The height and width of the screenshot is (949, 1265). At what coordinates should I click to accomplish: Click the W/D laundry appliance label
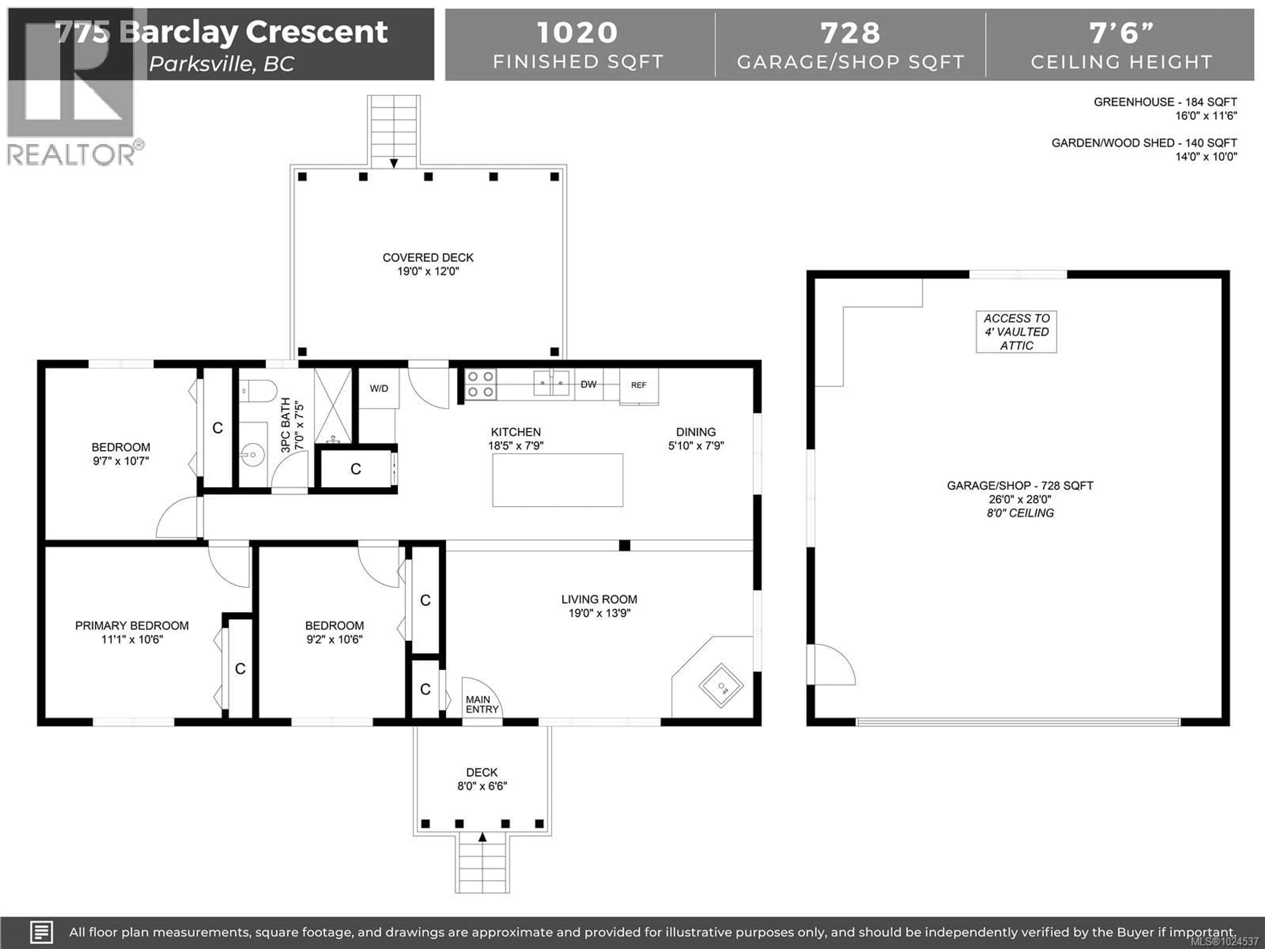[379, 389]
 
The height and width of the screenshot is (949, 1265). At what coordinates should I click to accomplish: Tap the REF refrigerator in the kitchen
[639, 386]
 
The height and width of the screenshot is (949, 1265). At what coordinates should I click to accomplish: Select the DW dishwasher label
[588, 385]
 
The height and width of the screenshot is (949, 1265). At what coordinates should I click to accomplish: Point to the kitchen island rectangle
[558, 480]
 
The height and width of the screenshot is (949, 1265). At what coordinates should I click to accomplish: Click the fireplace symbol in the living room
[721, 686]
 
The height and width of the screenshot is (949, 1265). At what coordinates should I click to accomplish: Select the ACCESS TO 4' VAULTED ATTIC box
[1016, 332]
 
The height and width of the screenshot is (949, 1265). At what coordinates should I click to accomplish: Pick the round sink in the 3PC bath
[252, 456]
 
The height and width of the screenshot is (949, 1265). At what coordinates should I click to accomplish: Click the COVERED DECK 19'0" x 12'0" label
[428, 264]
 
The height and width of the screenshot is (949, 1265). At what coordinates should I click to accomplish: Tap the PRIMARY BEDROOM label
[132, 626]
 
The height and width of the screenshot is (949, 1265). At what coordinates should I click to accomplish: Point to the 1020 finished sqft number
[577, 33]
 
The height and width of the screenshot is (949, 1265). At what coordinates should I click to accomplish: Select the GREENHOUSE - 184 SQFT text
[1165, 102]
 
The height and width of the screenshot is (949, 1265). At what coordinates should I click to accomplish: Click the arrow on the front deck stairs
[482, 837]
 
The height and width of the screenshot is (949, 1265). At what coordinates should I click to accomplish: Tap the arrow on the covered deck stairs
[394, 163]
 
